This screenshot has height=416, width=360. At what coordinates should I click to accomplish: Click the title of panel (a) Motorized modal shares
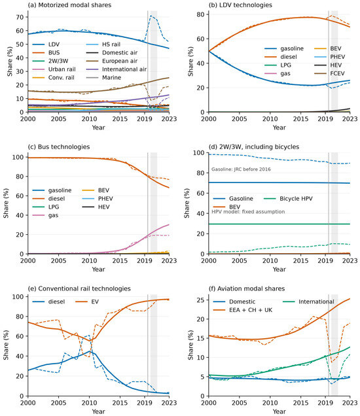pyautogui.click(x=69, y=5)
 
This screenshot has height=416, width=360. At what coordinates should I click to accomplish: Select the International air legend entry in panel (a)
pyautogui.click(x=117, y=69)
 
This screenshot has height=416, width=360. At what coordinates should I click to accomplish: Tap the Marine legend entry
pyautogui.click(x=104, y=77)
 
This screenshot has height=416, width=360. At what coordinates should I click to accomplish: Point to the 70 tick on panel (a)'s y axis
pyautogui.click(x=20, y=17)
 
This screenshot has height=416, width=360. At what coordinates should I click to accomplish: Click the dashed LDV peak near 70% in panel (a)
pyautogui.click(x=151, y=16)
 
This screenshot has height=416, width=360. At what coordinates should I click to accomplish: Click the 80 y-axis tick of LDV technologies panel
pyautogui.click(x=201, y=14)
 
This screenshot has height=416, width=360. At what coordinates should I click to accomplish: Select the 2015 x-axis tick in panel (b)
pyautogui.click(x=300, y=118)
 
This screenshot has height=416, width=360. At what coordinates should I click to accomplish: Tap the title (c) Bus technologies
pyautogui.click(x=59, y=147)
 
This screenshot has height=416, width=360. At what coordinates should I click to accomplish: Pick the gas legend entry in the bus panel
pyautogui.click(x=45, y=215)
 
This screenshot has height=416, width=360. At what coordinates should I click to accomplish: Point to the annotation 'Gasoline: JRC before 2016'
pyautogui.click(x=241, y=169)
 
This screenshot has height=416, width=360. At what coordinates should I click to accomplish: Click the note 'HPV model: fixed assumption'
pyautogui.click(x=248, y=212)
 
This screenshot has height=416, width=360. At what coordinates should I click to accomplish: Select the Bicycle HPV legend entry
pyautogui.click(x=288, y=198)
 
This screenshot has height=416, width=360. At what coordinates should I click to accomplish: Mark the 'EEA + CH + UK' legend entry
pyautogui.click(x=243, y=310)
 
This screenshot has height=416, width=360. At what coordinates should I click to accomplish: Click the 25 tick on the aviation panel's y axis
pyautogui.click(x=201, y=300)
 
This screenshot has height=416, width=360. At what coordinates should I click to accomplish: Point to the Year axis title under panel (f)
pyautogui.click(x=279, y=411)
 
